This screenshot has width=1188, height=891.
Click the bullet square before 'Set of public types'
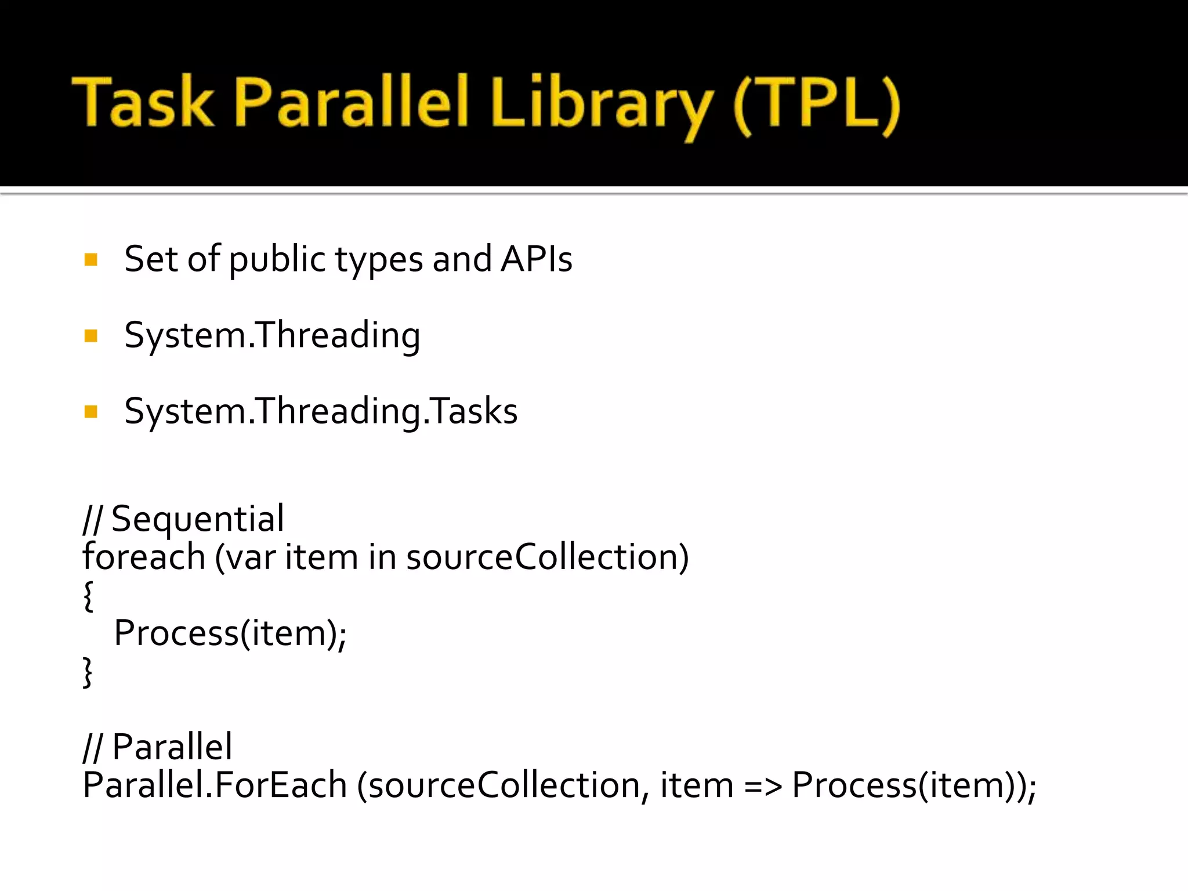point(90,259)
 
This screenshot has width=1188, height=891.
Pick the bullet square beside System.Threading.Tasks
point(90,412)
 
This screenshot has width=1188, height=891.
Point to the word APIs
point(537,259)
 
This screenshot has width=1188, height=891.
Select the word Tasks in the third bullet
point(473,411)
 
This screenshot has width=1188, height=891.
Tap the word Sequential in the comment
point(197,519)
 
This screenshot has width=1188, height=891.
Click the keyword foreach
point(144,557)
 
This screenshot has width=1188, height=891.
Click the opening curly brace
point(88,596)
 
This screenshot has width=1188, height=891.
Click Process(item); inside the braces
point(230,633)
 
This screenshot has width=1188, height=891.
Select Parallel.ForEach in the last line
point(215,785)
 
